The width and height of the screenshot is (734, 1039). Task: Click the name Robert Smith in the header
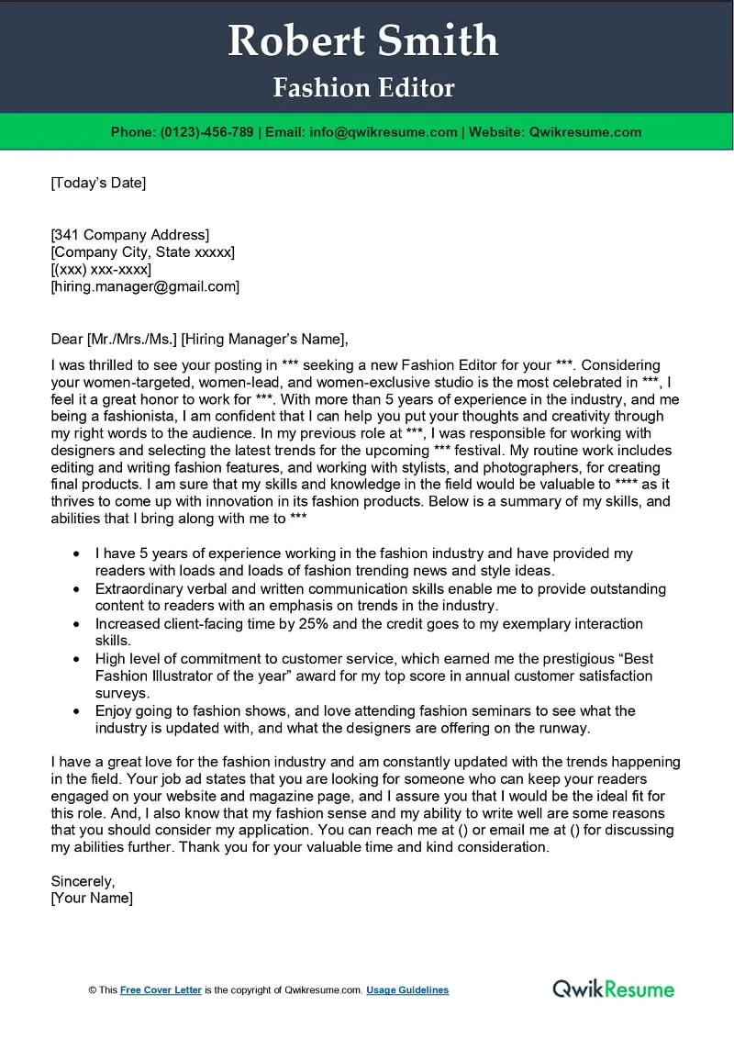363,41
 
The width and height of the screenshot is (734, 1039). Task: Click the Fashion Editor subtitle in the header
364,88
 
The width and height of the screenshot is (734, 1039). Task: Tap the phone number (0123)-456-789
207,132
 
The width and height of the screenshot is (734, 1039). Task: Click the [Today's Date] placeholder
98,183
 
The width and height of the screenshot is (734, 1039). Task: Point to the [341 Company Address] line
129,235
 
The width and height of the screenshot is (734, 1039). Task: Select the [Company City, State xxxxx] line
142,252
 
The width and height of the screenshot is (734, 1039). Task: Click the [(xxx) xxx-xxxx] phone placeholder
101,270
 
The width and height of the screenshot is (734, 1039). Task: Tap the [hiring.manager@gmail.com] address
145,287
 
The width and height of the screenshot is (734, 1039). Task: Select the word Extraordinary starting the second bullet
141,589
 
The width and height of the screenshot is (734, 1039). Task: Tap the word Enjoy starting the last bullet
114,711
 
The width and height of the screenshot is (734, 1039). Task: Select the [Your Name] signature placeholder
92,899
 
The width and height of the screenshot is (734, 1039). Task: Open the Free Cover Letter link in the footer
161,990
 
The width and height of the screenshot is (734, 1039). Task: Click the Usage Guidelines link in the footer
407,990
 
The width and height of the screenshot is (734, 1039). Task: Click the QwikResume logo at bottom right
613,989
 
